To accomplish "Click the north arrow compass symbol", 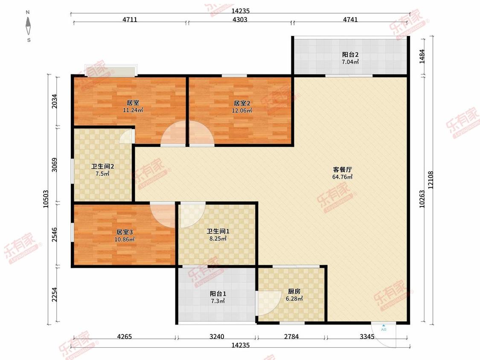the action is point(29,26).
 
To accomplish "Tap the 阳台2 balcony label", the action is point(350,55).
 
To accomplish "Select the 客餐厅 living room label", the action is point(342,169).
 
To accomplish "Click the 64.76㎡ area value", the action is point(342,177).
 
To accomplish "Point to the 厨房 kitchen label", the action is point(294,291).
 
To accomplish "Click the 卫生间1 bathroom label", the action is point(218,231).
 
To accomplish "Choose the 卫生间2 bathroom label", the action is point(102,166).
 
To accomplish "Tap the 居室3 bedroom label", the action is point(124,232).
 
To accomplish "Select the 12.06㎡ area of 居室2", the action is point(242,110).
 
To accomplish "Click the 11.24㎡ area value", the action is point(133,110).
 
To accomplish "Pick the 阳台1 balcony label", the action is point(218,293).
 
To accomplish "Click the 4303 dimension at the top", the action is point(240,20).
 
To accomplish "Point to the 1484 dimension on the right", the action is point(422,56).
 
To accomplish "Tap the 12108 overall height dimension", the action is point(431,180).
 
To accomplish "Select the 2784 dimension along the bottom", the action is point(291,337).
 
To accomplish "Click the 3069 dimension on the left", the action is point(54,165).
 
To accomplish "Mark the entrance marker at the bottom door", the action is point(384,328).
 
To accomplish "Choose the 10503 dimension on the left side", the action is point(46,199).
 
